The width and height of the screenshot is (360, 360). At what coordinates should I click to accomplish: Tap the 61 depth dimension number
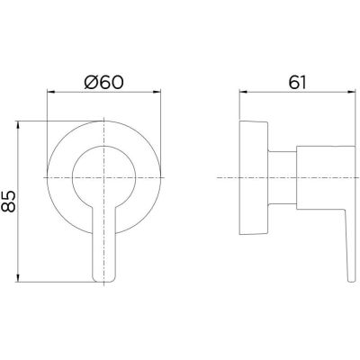coord(299,82)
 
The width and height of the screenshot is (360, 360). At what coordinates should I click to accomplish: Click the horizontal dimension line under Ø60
coord(107,94)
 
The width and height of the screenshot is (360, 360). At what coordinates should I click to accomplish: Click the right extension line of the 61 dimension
coord(353,135)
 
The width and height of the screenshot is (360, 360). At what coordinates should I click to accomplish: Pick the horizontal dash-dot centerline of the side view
coord(225,177)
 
